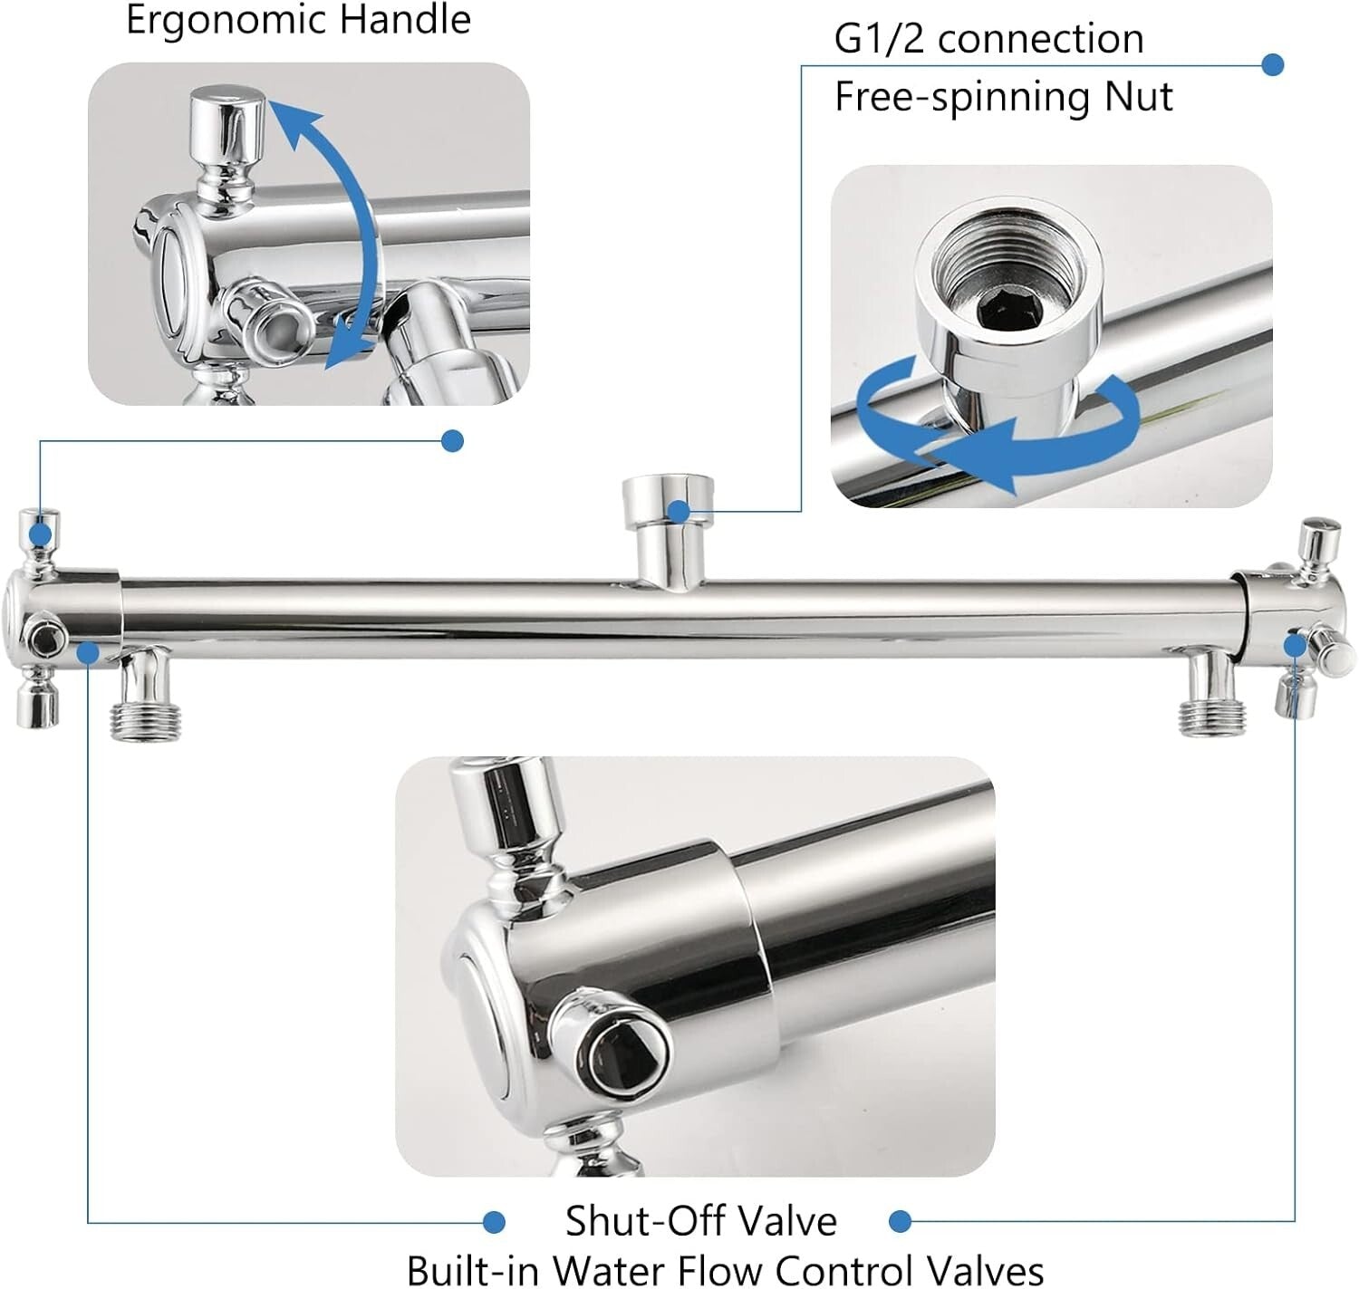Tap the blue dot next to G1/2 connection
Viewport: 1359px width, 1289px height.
(1273, 64)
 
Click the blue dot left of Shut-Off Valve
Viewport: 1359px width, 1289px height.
(494, 1222)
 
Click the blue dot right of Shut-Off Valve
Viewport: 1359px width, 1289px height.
(900, 1222)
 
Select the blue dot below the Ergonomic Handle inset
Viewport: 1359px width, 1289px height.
(452, 441)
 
